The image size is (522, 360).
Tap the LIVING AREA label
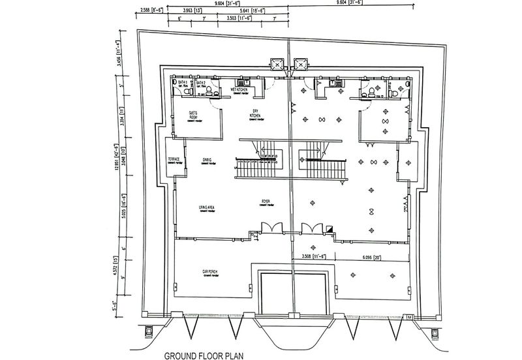[207, 207]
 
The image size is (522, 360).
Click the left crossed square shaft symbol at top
[276, 64]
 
